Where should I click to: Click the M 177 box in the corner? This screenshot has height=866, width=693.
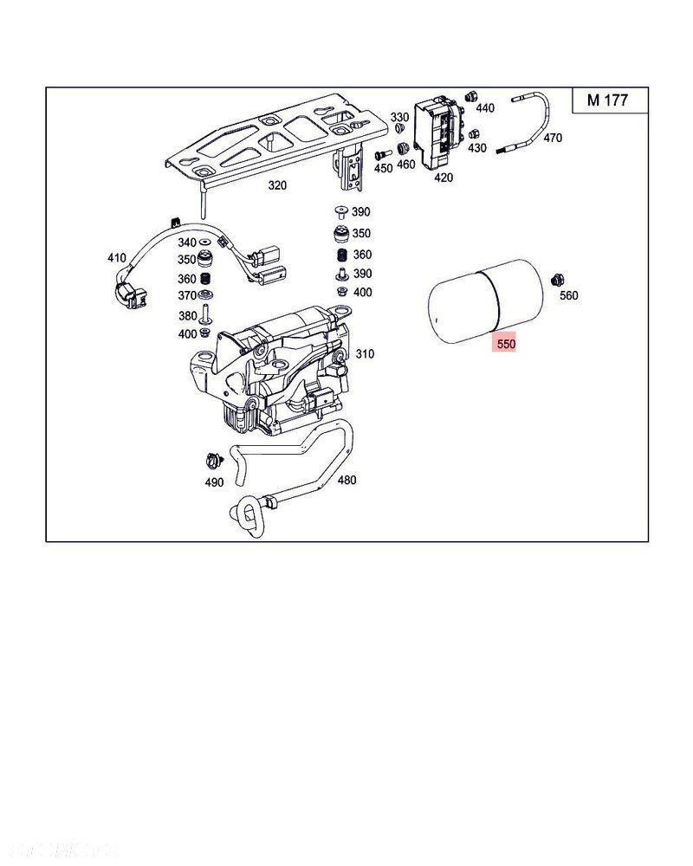(607, 100)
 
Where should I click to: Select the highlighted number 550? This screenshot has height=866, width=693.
(505, 344)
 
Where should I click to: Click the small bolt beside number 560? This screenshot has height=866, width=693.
(558, 279)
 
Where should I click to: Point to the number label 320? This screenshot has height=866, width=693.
(276, 185)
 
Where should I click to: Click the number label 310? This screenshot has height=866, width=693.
(365, 353)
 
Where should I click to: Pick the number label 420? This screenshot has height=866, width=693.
(443, 178)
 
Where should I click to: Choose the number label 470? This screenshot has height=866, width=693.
(553, 138)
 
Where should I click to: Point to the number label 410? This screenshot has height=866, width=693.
(116, 257)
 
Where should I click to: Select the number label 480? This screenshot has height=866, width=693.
(346, 480)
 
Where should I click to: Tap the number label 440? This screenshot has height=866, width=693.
(485, 108)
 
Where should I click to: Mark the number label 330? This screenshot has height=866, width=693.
(399, 117)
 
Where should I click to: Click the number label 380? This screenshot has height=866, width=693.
(187, 316)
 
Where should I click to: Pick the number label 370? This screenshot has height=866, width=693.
(187, 297)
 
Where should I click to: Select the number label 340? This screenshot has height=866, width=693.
(187, 242)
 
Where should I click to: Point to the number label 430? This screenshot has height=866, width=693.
(477, 148)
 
